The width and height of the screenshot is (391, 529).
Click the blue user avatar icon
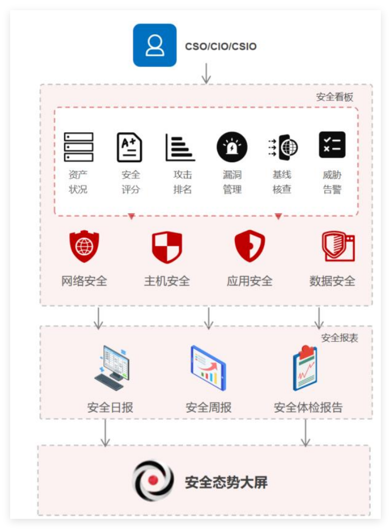[x=155, y=45]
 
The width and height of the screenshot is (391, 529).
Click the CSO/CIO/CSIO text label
[x=221, y=46]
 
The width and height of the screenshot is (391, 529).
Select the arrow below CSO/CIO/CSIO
[x=206, y=73]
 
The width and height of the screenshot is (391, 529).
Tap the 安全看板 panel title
[x=334, y=97]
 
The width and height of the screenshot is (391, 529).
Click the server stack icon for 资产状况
[x=79, y=147]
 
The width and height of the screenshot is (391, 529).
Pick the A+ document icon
[x=129, y=147]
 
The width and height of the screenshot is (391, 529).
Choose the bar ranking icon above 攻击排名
[x=180, y=147]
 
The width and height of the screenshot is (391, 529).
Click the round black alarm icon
[x=232, y=147]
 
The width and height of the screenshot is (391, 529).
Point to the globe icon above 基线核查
[x=283, y=147]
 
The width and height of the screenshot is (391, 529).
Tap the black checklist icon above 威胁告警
[x=332, y=145]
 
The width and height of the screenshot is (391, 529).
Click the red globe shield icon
[x=85, y=246]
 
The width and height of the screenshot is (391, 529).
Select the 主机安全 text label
[x=167, y=281]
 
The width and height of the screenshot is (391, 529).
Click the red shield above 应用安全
[x=250, y=246]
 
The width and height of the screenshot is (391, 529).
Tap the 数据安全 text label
[x=332, y=281]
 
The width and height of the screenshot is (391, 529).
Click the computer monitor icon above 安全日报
[x=112, y=368]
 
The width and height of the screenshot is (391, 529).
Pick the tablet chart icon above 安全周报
[x=208, y=368]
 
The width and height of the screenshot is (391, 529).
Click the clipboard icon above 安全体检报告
[x=305, y=368]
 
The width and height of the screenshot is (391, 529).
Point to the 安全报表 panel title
[x=340, y=338]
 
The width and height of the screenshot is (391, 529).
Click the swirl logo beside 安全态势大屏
[x=153, y=480]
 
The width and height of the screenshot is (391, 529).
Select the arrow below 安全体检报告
[x=305, y=433]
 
